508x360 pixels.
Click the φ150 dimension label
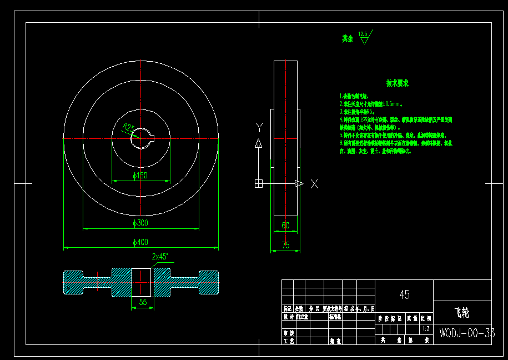point(140,176)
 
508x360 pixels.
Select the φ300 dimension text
point(140,223)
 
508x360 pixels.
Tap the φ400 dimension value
point(140,242)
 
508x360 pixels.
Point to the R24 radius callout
point(129,128)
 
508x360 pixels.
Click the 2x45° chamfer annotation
point(160,257)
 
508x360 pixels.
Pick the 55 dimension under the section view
point(143,302)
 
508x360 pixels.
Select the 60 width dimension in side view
point(285,226)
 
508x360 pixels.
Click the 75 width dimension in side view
point(285,245)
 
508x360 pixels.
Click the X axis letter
point(314,184)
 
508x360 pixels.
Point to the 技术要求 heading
point(398,83)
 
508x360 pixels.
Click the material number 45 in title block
point(404,294)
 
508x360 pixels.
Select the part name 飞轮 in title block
point(461,313)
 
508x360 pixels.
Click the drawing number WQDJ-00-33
point(466,333)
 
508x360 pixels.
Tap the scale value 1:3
point(426,328)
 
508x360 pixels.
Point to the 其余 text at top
point(348,39)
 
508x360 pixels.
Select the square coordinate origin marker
point(258,183)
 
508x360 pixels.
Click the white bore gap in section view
point(142,282)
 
